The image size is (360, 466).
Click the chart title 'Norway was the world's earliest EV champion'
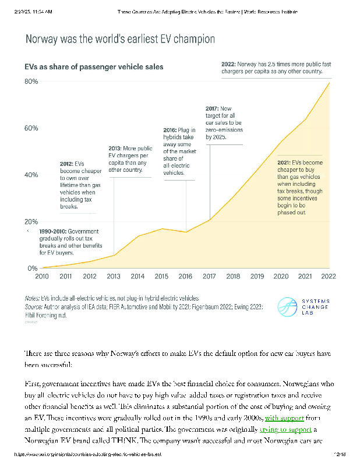(119, 40)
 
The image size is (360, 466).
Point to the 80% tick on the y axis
(31, 82)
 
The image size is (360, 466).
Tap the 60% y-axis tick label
(31, 128)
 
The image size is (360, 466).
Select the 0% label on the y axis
(33, 269)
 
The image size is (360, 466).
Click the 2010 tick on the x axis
(42, 277)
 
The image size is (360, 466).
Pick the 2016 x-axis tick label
(185, 277)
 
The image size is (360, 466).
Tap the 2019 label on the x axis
(257, 277)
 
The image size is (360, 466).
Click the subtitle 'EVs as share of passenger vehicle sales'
(94, 67)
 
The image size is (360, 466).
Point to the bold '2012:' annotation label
(69, 164)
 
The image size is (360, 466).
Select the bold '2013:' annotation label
(118, 149)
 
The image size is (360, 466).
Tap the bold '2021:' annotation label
(284, 162)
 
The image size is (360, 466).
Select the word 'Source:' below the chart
(34, 306)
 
